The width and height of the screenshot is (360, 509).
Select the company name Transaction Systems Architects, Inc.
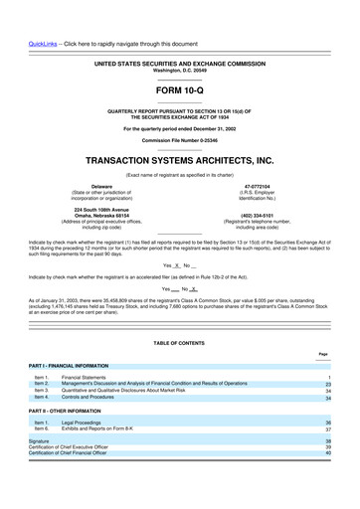point(179,159)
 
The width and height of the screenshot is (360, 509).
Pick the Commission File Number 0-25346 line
point(179,140)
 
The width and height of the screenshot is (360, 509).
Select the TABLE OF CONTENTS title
point(179,343)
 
